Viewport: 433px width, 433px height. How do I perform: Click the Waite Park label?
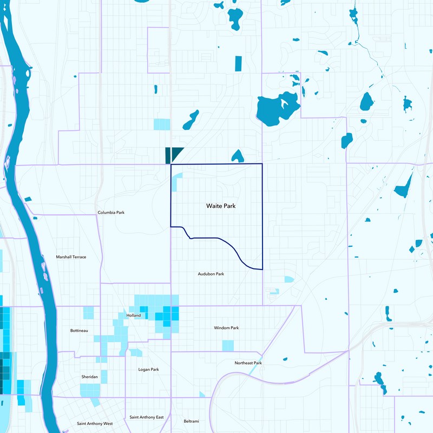[221, 206]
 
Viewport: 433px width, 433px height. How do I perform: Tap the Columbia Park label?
[111, 213]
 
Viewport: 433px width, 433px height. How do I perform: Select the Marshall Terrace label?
[71, 257]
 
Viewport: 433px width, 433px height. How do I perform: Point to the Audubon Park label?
[211, 274]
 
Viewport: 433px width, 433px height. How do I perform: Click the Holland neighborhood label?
[133, 316]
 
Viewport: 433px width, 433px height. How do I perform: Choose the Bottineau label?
[79, 330]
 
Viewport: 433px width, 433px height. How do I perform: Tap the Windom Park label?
[226, 328]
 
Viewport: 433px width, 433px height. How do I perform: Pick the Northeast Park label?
[248, 363]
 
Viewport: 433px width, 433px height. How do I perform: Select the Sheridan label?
[89, 376]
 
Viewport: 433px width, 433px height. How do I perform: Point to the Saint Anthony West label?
[95, 423]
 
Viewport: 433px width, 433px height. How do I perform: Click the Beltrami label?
[192, 421]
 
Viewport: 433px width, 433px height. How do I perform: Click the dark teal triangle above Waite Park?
[177, 153]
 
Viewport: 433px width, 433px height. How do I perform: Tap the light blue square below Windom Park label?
[228, 345]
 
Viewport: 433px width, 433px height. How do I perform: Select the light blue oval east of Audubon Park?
[289, 279]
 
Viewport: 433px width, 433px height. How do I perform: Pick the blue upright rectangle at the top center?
[238, 64]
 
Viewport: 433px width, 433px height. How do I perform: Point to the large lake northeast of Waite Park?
[277, 107]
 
